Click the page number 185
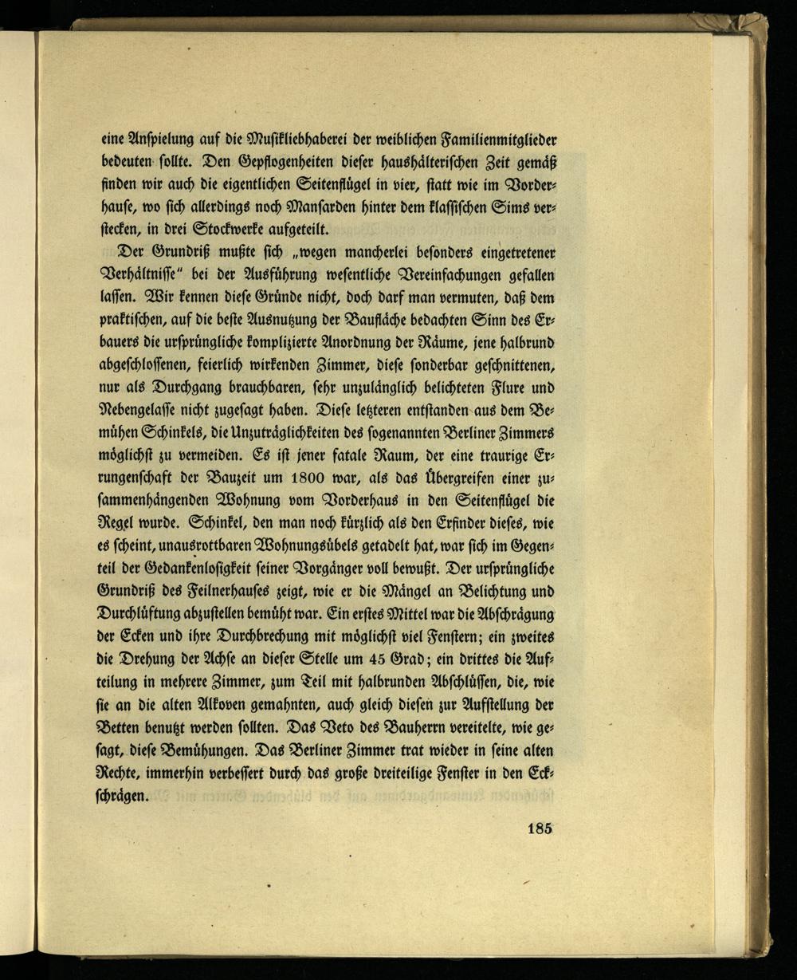tap(540, 828)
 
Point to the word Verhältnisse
tap(148, 275)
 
